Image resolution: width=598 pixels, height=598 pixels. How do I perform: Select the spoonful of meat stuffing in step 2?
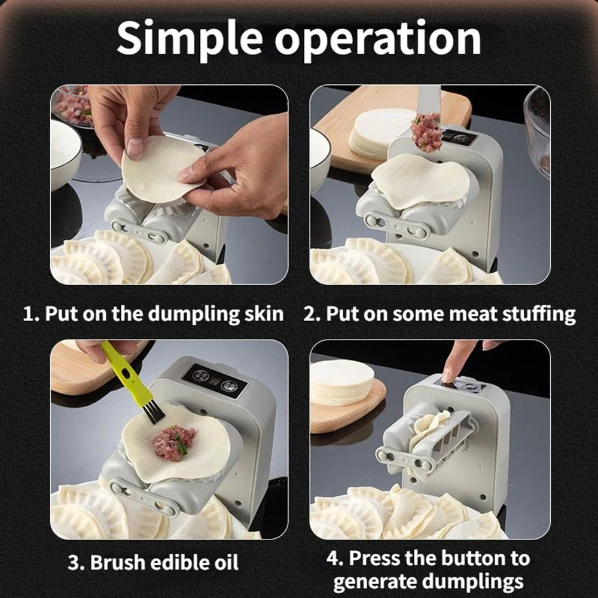pyautogui.click(x=426, y=132)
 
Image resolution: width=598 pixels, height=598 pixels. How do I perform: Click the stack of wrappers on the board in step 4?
pyautogui.click(x=341, y=383)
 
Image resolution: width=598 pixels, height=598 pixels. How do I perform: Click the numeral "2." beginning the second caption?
pyautogui.click(x=312, y=314)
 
